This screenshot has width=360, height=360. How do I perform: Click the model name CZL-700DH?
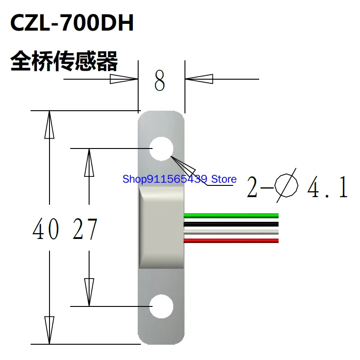[72, 24]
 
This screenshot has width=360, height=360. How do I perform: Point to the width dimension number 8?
[160, 81]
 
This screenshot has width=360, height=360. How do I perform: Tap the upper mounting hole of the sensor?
[162, 148]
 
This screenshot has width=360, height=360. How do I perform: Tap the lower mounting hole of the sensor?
[162, 306]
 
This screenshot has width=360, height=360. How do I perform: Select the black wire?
[231, 224]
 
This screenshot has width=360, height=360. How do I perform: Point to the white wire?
[231, 232]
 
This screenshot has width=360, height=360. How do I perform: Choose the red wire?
[231, 240]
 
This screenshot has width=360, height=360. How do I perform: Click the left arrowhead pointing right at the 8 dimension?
[124, 79]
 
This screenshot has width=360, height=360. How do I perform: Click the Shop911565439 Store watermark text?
[180, 180]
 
